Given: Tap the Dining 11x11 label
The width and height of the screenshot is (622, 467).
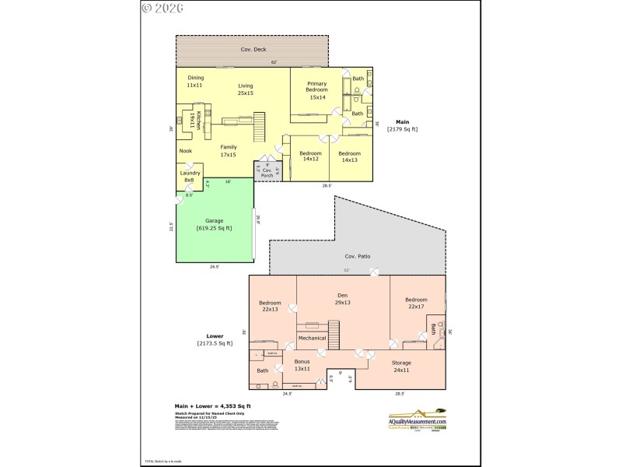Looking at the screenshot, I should point(194,81).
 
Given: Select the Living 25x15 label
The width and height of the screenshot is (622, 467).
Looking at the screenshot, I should point(246,90).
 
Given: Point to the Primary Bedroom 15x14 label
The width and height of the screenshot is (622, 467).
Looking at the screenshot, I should point(316,90).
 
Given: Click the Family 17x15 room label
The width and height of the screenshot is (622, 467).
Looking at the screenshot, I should point(228,151).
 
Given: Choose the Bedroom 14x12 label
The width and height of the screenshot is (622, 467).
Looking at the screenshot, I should point(310,156).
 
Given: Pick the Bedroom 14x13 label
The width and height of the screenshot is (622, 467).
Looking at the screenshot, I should point(349,156).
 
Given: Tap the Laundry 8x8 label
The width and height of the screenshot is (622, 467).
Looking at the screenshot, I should point(190,177).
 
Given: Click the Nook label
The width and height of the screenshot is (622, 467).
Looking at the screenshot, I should point(185,151).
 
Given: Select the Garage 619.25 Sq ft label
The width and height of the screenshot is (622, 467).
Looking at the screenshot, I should point(214,224).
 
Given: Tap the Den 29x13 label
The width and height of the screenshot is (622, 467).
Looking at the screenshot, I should point(342,298).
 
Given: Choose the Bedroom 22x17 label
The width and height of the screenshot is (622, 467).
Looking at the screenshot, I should point(416,304).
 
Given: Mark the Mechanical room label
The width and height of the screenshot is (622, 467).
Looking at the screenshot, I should point(313,338).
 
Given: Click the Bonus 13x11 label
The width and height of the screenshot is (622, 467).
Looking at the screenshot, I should point(302,366).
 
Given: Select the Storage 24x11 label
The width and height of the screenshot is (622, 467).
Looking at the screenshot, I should point(401,366).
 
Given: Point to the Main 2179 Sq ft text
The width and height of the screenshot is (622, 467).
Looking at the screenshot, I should point(402,125).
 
